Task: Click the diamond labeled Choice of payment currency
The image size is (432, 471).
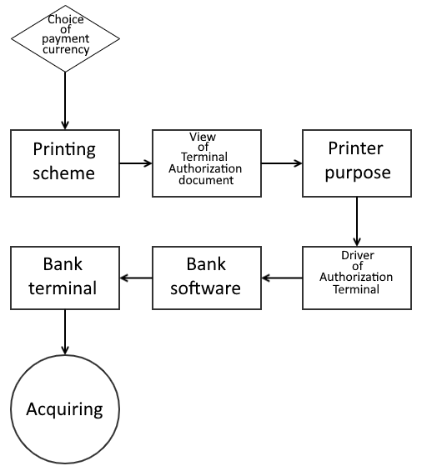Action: click(65, 38)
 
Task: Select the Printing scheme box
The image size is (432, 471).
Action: click(65, 163)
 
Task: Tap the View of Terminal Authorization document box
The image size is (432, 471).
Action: click(207, 163)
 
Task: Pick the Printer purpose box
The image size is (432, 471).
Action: click(357, 163)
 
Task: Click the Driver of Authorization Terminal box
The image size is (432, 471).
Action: click(357, 278)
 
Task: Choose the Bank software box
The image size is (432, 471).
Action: click(207, 278)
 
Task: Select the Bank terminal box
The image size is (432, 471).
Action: click(65, 278)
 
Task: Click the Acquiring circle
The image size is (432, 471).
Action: click(65, 409)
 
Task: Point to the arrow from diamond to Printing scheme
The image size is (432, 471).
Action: click(65, 101)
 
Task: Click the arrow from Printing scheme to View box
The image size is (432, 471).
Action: click(136, 163)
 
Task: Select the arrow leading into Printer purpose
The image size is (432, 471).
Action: click(282, 163)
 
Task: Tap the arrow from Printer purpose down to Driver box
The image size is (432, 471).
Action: click(357, 222)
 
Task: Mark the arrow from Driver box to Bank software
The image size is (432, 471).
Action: click(282, 278)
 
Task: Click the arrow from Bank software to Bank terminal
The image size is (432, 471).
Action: click(136, 278)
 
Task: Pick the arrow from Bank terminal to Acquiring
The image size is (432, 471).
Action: click(65, 332)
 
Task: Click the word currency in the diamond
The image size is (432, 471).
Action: click(66, 50)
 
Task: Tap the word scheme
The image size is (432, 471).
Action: click(63, 173)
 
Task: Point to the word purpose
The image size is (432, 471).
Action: click(358, 173)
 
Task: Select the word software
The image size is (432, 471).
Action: click(205, 288)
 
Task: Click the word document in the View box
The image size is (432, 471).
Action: click(206, 180)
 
